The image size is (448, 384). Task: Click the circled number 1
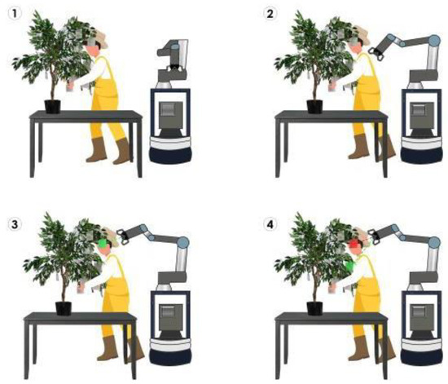(x=15, y=13)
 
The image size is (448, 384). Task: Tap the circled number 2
(x=270, y=13)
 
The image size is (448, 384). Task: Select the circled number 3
(x=15, y=224)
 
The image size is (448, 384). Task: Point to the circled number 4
(x=270, y=224)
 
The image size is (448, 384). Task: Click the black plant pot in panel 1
(x=53, y=106)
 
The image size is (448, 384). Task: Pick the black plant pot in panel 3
(x=64, y=308)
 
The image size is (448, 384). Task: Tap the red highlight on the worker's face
(x=354, y=245)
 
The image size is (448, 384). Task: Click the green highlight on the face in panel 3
(x=103, y=244)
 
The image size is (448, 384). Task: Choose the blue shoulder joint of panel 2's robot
(x=434, y=41)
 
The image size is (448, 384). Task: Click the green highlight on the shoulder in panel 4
(x=349, y=267)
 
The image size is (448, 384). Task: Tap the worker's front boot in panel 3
(x=108, y=347)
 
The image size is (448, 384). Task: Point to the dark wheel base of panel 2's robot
(x=422, y=155)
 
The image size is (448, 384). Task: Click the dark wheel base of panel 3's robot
(x=171, y=356)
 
